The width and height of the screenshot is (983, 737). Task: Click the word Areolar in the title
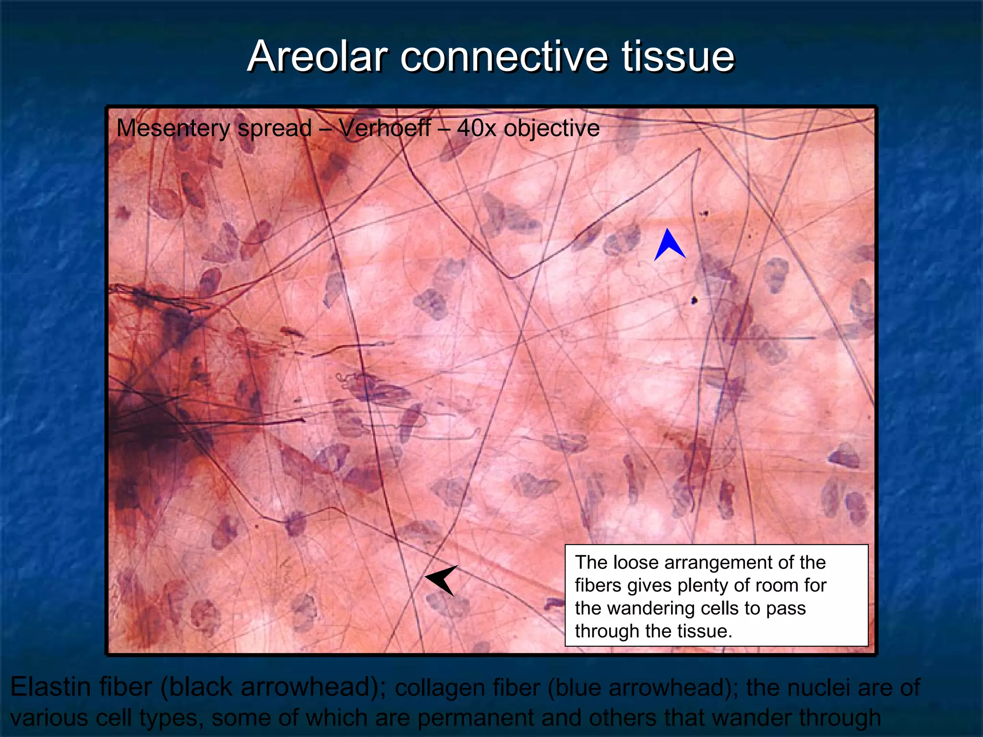click(317, 57)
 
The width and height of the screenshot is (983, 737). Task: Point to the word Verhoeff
click(384, 128)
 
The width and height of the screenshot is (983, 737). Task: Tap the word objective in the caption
click(551, 129)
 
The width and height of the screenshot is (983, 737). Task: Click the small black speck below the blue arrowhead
click(694, 301)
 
